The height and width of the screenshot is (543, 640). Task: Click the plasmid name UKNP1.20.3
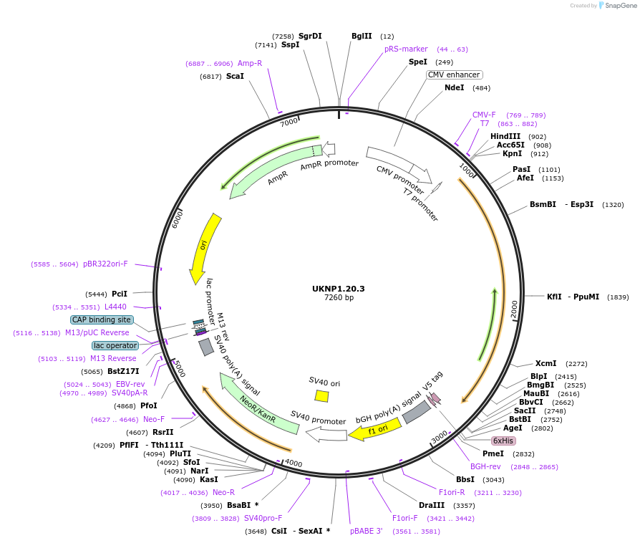pyautogui.click(x=339, y=289)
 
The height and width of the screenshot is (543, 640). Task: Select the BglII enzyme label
pyautogui.click(x=362, y=36)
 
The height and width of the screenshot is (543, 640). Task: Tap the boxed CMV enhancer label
pyautogui.click(x=454, y=75)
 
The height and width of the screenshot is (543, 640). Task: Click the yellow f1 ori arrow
pyautogui.click(x=374, y=431)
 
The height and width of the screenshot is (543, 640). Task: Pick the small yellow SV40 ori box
pyautogui.click(x=322, y=395)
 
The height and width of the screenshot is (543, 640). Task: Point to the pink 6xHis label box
pyautogui.click(x=503, y=441)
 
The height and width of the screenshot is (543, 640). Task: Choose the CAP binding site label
pyautogui.click(x=102, y=319)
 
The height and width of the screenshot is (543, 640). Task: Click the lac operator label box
pyautogui.click(x=115, y=345)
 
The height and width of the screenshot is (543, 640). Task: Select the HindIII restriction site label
pyautogui.click(x=505, y=136)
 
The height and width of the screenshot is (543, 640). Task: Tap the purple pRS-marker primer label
pyautogui.click(x=406, y=49)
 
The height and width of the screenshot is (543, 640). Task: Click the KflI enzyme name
pyautogui.click(x=554, y=297)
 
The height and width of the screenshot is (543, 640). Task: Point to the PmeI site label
pyautogui.click(x=493, y=453)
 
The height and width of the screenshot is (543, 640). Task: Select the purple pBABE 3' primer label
pyautogui.click(x=366, y=531)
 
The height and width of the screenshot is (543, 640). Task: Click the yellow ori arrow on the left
pyautogui.click(x=204, y=247)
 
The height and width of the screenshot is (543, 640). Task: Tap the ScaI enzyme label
pyautogui.click(x=235, y=76)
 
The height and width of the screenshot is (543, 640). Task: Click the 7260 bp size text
pyautogui.click(x=339, y=298)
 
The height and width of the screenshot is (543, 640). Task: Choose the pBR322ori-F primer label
pyautogui.click(x=105, y=264)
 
